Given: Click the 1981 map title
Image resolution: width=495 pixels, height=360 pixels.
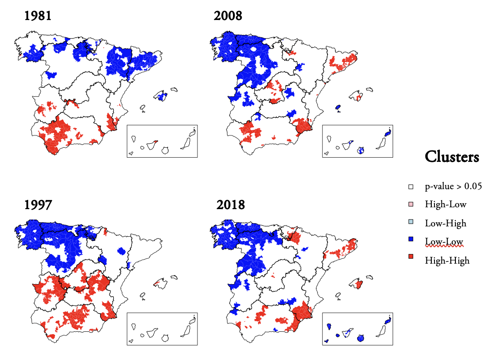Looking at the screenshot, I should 38,16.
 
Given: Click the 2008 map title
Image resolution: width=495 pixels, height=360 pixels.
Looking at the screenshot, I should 228,16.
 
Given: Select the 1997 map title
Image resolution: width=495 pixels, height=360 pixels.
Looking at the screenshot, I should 38,205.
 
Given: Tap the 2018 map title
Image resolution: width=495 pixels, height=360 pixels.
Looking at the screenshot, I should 231,205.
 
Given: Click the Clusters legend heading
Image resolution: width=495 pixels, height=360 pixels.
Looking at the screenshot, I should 451,157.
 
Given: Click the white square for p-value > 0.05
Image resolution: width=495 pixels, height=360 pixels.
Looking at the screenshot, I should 411,186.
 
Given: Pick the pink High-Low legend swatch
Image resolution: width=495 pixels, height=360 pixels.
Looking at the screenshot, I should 411,205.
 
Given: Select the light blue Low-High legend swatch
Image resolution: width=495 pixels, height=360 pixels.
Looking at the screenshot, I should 411,223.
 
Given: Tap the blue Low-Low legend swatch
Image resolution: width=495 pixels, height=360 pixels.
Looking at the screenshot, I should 411,242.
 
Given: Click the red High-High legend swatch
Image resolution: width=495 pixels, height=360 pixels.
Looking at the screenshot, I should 411,260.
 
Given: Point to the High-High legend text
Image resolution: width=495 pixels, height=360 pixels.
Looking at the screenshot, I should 447,260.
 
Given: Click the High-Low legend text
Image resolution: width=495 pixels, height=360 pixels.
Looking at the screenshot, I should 445,205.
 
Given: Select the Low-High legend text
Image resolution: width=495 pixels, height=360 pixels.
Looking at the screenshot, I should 445,223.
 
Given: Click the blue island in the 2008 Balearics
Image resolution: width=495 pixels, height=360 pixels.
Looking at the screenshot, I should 338,108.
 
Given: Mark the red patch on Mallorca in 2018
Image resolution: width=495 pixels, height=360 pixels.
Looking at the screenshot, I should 359,285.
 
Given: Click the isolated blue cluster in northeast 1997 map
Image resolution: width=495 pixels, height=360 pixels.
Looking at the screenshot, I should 121,250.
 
